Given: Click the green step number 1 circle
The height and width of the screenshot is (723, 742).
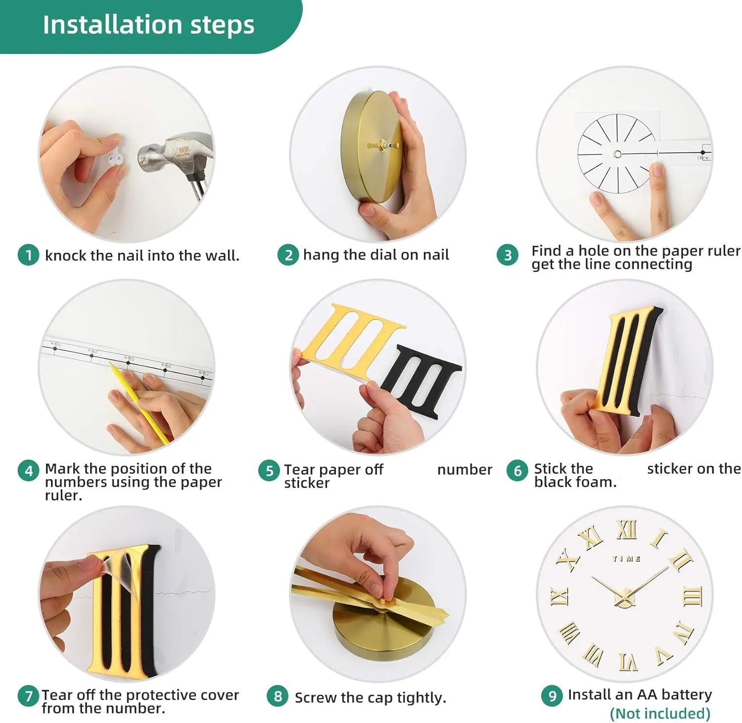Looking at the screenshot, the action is click(x=28, y=255).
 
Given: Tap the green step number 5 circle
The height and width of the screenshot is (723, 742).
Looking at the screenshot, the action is click(x=269, y=470).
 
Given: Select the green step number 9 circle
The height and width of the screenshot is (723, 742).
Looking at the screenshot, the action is click(x=552, y=696).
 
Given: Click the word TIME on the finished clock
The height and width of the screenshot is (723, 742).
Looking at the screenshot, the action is click(x=627, y=559).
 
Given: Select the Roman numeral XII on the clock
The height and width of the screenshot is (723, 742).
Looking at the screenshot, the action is click(x=627, y=530).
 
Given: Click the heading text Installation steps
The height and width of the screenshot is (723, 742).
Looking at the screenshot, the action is click(x=148, y=25).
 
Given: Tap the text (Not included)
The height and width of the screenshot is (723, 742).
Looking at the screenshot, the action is click(x=660, y=713).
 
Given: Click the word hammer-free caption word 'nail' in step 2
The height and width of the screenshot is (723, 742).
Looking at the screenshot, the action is click(x=435, y=255).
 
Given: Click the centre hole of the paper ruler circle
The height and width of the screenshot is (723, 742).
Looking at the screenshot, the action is click(x=617, y=154).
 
